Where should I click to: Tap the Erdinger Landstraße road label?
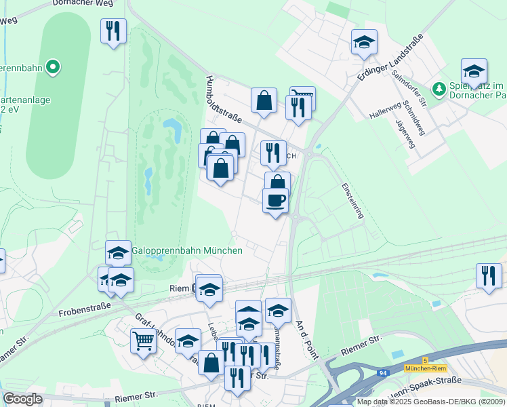pyautogui.click(x=390, y=60)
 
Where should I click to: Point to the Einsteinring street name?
pyautogui.click(x=352, y=199)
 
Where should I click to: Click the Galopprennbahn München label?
pyautogui.click(x=186, y=250)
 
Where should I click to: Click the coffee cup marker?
pyautogui.click(x=275, y=201)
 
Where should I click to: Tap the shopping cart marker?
pyautogui.click(x=143, y=341)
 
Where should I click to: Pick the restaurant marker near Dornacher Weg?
pyautogui.click(x=113, y=31)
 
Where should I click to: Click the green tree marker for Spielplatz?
pyautogui.click(x=439, y=89)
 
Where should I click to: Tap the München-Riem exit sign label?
pyautogui.click(x=424, y=368)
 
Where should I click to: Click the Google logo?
pyautogui.click(x=22, y=399)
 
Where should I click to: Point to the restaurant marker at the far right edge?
pyautogui.click(x=488, y=275)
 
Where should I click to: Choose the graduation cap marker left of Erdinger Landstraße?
pyautogui.click(x=364, y=43)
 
